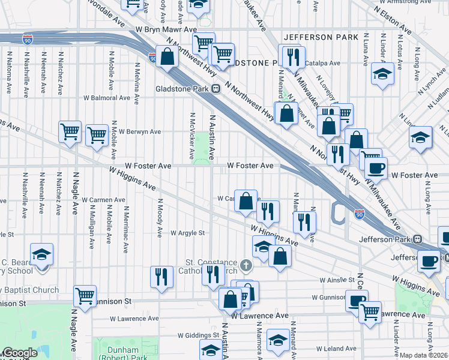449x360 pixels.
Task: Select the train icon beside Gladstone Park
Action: [215, 89]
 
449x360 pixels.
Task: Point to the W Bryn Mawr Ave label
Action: [166, 29]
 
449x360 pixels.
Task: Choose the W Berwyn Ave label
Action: [139, 131]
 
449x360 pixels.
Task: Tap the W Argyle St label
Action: [188, 233]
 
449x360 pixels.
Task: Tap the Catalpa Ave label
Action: [322, 63]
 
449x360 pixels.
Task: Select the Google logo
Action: [19, 353]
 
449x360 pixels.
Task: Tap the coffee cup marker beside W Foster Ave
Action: [376, 168]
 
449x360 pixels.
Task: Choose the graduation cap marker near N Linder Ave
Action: [382, 75]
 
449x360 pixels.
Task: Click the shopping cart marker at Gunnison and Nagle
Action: [85, 296]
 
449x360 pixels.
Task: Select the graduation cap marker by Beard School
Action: [42, 255]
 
